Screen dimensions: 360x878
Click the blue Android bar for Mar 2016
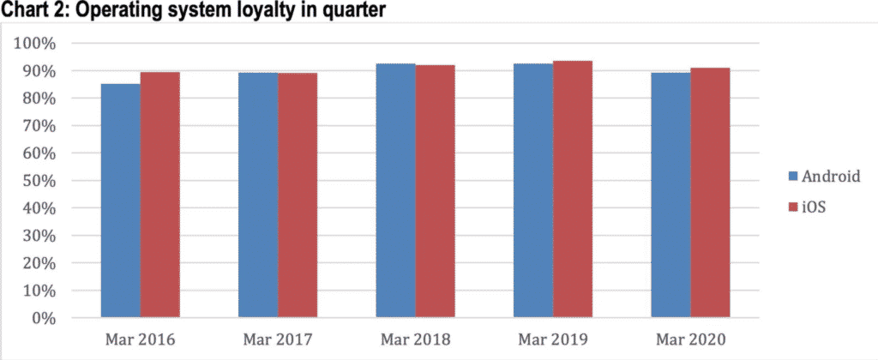click(120, 201)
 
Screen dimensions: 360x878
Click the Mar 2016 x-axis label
click(140, 340)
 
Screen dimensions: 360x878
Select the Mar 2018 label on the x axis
click(416, 340)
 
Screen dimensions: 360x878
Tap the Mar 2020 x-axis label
click(691, 340)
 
